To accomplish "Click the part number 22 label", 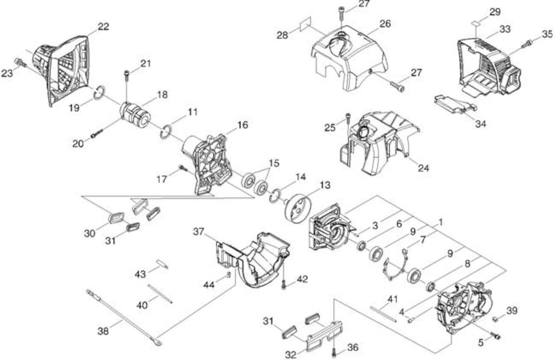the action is pyautogui.click(x=103, y=26).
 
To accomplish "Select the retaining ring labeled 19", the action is pyautogui.click(x=100, y=93).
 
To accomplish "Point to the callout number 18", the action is pyautogui.click(x=162, y=95).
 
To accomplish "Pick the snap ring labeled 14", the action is pyautogui.click(x=275, y=196).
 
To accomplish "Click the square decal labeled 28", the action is pyautogui.click(x=306, y=24).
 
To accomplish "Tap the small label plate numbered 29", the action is pyautogui.click(x=476, y=23).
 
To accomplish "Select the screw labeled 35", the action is pyautogui.click(x=527, y=44).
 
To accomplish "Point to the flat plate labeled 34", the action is pyautogui.click(x=455, y=104).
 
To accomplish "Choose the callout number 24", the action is pyautogui.click(x=424, y=168).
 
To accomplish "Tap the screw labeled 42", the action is pyautogui.click(x=284, y=285).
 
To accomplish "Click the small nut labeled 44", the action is pyautogui.click(x=229, y=274).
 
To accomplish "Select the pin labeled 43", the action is pyautogui.click(x=162, y=264).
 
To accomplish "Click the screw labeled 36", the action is pyautogui.click(x=334, y=352).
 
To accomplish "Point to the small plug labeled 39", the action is pyautogui.click(x=496, y=319).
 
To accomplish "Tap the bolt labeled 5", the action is pyautogui.click(x=495, y=336).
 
